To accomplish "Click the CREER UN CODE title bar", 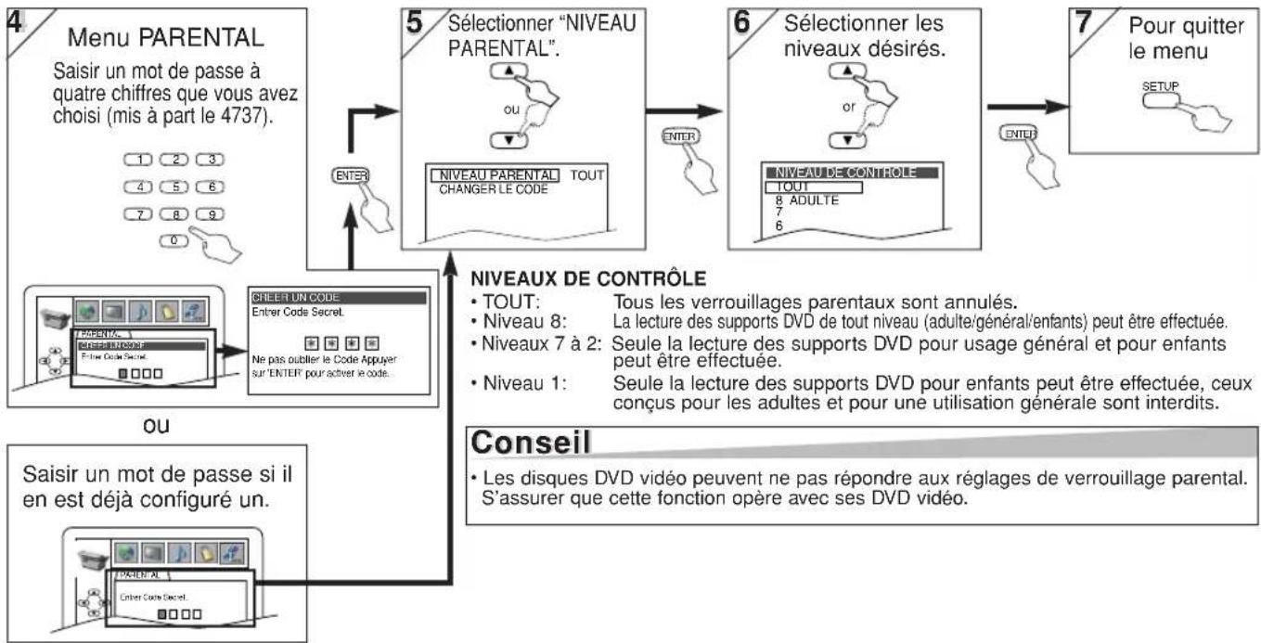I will pyautogui.click(x=339, y=297).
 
